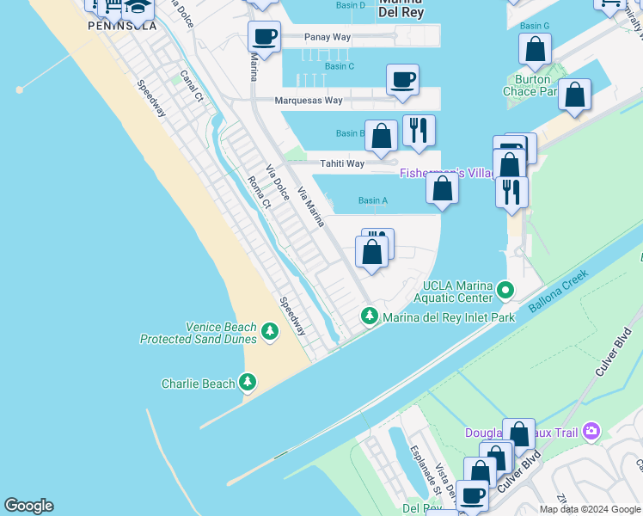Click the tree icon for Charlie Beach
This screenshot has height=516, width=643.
pos(248,381)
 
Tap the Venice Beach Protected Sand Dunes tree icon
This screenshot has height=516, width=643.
pos(270,331)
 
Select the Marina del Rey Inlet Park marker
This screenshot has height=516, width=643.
pos(370,316)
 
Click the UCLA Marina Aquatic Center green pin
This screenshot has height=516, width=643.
pos(506,291)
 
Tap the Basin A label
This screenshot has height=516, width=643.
pos(373,200)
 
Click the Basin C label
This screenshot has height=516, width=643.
pos(340,66)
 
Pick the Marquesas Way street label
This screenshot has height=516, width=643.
pos(308,101)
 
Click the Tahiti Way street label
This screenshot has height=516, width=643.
pos(342,163)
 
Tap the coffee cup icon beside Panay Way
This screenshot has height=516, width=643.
pos(265,37)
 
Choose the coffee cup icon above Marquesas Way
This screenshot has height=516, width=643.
pos(402,80)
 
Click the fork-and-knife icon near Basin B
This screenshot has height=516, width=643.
pos(419,131)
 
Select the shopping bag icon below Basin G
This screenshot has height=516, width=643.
pos(535,51)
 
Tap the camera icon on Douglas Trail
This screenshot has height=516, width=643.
pos(591,431)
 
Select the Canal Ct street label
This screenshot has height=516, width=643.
pos(191,84)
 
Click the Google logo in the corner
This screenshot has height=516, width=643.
pos(28,506)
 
